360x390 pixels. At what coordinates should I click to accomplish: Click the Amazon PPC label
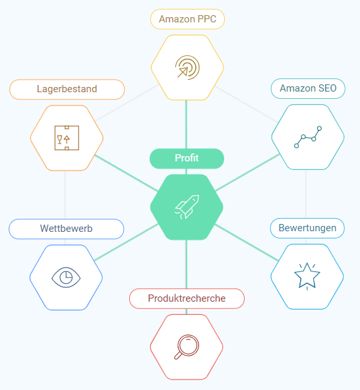tap(187, 19)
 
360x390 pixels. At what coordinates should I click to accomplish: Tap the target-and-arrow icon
tap(187, 67)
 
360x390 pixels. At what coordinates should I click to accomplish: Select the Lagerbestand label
tap(67, 90)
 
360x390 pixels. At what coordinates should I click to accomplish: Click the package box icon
tap(67, 138)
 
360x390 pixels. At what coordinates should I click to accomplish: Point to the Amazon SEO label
tap(308, 88)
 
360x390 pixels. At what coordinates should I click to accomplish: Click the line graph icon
tap(308, 137)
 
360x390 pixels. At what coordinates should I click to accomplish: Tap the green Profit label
tap(187, 158)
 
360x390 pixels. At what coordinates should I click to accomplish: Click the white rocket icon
tap(187, 207)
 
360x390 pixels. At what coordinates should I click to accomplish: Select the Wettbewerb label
tap(66, 229)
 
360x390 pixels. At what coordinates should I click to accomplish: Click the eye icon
tap(66, 277)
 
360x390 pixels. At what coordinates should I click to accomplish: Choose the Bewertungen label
tap(307, 228)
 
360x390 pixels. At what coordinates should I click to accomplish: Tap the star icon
tap(307, 276)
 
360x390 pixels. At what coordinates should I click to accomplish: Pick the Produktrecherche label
tap(187, 298)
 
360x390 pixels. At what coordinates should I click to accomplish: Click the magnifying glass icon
tap(187, 347)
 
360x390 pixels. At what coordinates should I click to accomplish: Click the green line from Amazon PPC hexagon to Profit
tap(186, 125)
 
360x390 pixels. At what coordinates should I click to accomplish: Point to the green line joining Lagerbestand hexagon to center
tap(126, 173)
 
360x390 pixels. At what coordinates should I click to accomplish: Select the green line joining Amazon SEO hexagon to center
tap(247, 173)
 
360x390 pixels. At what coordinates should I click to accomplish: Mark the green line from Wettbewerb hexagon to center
tap(126, 242)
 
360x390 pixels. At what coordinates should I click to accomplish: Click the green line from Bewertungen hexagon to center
tap(247, 242)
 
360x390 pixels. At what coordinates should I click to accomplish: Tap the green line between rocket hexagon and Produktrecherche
tap(186, 264)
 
